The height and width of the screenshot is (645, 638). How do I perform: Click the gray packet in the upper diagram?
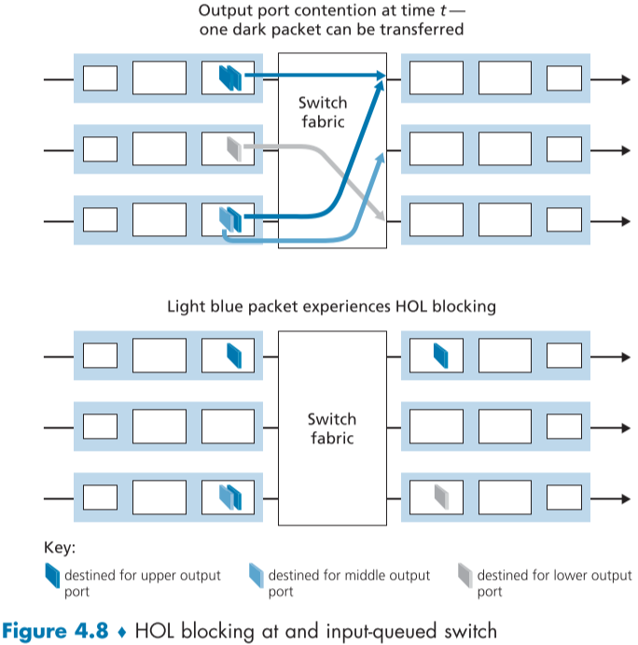(x=234, y=147)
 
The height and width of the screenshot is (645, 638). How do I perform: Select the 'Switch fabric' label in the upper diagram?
(x=322, y=112)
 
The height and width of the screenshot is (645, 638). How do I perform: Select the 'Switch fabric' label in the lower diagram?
(x=332, y=428)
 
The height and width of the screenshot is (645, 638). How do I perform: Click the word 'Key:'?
(x=60, y=548)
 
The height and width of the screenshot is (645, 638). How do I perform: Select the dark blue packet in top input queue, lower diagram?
(x=233, y=356)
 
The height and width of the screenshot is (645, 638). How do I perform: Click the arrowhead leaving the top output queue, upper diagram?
(x=626, y=78)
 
